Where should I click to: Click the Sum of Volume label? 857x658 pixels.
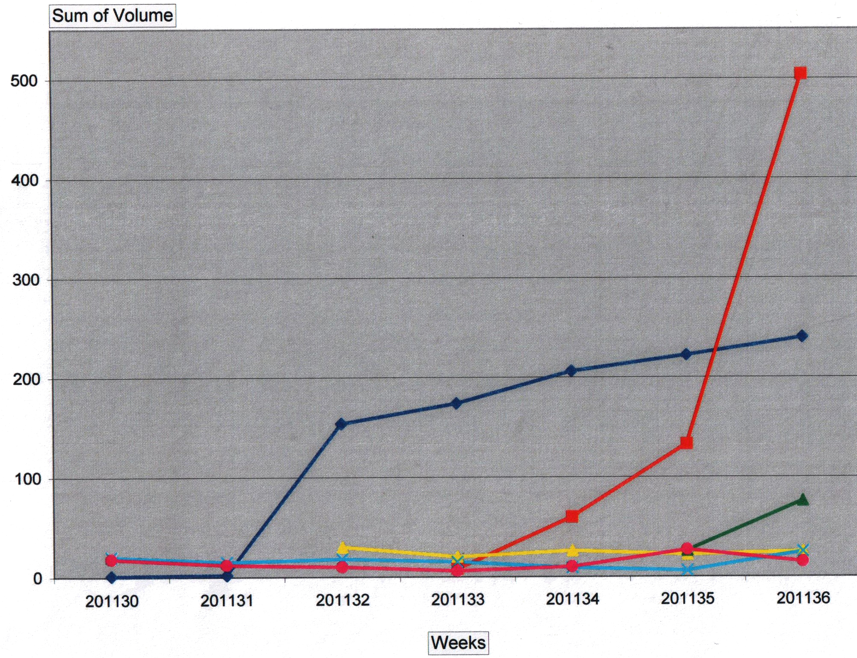[x=113, y=16]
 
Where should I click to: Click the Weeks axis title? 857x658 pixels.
[x=458, y=643]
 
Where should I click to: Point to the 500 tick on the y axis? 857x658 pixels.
[x=24, y=80]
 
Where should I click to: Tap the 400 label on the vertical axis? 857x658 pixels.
[x=24, y=180]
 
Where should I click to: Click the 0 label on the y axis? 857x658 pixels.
[x=38, y=579]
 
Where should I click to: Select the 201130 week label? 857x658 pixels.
[x=112, y=601]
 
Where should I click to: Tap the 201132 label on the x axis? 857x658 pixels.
[x=342, y=600]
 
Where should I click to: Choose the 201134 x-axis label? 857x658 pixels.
[x=572, y=599]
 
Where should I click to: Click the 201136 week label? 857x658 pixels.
[x=803, y=598]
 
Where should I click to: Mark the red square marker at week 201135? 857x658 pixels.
[x=686, y=443]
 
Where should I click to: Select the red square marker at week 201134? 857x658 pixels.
[x=572, y=516]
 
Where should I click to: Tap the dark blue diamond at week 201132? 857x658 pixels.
[x=341, y=424]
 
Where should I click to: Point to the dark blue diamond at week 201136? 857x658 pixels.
[x=802, y=336]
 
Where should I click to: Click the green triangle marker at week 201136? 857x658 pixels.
[x=803, y=500]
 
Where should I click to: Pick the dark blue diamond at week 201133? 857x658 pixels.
[x=457, y=403]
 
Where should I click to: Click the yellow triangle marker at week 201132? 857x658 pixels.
[x=343, y=548]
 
